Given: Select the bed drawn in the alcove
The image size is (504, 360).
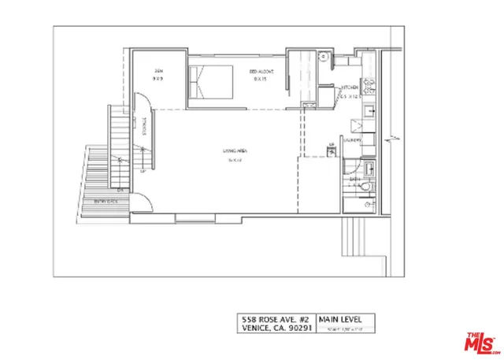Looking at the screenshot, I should (211, 82).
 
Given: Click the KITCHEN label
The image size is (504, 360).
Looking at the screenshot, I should (350, 87).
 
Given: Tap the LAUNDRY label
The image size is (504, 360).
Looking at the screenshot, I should (352, 139).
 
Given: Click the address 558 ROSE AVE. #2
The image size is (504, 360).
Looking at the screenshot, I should (276, 319).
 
